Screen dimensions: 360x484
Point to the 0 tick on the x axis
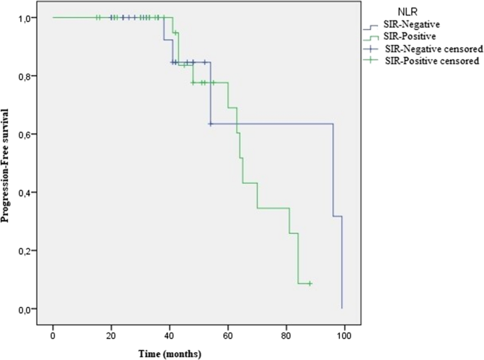click(53, 333)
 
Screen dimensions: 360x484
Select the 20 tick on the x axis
click(111, 333)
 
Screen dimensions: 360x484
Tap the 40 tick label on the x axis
click(170, 333)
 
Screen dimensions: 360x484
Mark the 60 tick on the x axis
click(228, 333)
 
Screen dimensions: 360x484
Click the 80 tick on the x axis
click(286, 333)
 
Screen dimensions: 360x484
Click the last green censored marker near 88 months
click(309, 284)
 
